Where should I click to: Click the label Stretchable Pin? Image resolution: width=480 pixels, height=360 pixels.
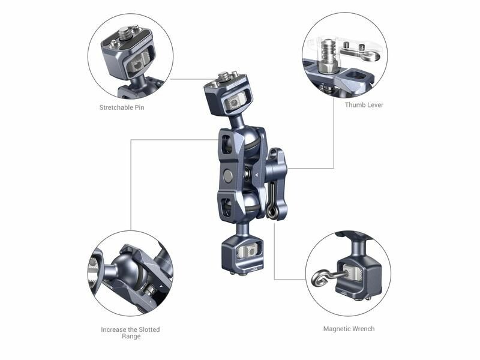click(122, 107)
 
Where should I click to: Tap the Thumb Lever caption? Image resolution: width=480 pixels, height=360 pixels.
click(364, 104)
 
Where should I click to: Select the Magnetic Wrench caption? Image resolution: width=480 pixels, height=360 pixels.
click(349, 329)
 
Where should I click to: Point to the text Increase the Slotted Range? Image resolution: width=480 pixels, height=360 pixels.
click(130, 333)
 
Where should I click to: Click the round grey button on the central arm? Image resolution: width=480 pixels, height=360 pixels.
click(228, 175)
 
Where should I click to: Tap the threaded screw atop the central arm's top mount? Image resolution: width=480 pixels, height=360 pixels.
click(224, 76)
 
